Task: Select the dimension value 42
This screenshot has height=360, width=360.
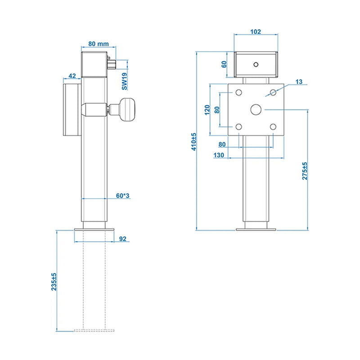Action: point(72,76)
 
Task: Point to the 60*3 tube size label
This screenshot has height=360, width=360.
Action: point(123,196)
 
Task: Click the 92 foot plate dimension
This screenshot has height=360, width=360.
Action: point(123,239)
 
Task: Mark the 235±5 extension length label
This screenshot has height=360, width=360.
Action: point(54,282)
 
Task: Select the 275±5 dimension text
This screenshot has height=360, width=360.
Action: point(305,171)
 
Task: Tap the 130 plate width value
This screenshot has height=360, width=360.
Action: point(219,155)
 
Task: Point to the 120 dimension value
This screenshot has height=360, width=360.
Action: point(207,110)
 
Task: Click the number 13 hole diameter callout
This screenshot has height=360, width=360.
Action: point(299,82)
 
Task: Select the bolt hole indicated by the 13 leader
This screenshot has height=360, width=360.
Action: point(273,93)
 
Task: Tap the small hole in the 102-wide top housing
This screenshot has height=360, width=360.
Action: point(256,64)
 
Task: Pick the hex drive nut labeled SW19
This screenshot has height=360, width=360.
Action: point(112,64)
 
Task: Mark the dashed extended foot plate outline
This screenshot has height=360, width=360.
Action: point(94,330)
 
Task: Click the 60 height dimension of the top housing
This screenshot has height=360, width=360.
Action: point(224,64)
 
